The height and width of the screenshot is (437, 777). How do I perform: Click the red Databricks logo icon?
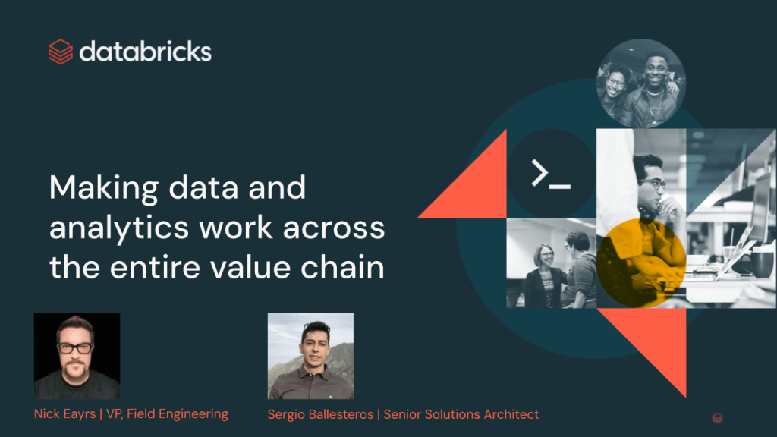(61, 52)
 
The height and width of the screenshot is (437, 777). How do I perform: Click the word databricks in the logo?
(145, 52)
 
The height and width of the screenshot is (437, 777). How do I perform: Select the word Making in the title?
(103, 188)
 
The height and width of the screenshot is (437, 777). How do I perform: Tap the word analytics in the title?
(119, 228)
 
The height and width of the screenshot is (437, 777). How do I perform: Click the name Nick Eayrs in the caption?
(65, 413)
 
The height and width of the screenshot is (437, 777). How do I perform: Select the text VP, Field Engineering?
(167, 414)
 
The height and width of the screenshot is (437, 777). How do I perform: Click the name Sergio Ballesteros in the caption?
(320, 414)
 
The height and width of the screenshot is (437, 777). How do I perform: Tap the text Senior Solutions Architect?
(461, 414)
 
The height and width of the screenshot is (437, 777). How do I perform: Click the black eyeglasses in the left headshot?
(75, 347)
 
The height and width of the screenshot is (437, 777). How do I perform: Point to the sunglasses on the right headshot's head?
(316, 327)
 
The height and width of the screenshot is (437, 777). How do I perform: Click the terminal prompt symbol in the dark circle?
(551, 174)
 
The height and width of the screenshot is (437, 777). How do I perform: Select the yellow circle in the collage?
(641, 263)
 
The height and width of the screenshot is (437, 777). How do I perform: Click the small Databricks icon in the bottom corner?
(718, 418)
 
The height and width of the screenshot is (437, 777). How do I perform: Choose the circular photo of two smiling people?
(641, 83)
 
